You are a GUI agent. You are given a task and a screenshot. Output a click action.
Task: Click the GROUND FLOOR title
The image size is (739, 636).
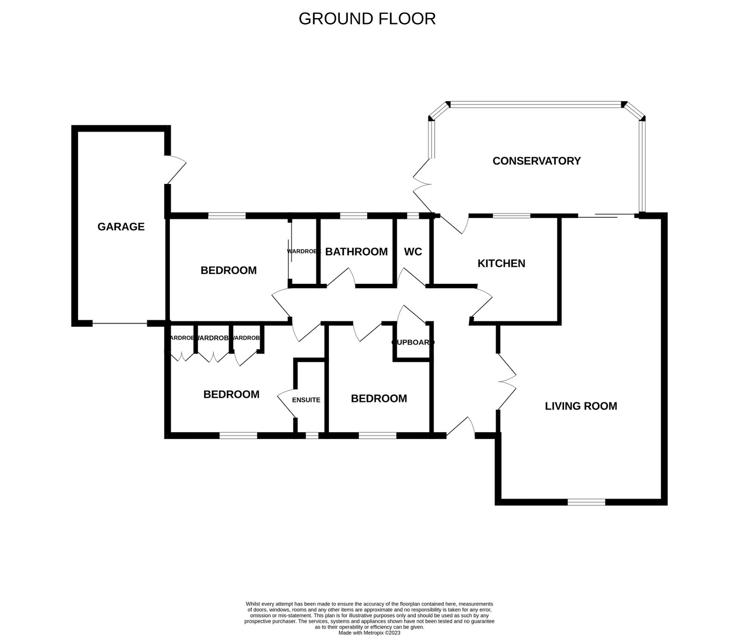[367, 19]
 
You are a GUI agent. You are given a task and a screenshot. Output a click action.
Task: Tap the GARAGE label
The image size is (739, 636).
[121, 226]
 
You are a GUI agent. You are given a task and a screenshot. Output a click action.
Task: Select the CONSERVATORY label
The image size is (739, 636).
[536, 161]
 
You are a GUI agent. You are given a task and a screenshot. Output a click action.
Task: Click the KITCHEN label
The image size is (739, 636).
[501, 263]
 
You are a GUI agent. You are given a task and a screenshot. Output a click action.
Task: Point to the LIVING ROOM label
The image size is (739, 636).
[581, 406]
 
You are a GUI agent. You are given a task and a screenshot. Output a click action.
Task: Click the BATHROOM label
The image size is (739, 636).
[356, 251]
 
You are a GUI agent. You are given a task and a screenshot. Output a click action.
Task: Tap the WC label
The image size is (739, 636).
[413, 251]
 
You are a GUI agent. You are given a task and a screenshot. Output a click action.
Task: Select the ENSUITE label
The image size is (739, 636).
[306, 400]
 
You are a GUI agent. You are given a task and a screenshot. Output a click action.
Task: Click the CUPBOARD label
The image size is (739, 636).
[413, 342]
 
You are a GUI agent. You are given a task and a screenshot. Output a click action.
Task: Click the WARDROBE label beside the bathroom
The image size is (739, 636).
[303, 251]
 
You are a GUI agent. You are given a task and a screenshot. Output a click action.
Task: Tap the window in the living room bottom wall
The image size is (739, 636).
[586, 502]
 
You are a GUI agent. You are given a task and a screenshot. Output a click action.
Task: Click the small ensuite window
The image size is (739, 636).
[312, 435]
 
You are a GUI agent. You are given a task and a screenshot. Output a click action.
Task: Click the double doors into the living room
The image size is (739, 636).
[506, 382]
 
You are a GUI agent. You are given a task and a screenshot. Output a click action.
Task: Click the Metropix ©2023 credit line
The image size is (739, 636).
[369, 633]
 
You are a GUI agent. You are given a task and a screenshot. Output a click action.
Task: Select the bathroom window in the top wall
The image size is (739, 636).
[353, 215]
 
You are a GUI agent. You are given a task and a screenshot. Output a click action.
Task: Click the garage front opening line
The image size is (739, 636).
[120, 324]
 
